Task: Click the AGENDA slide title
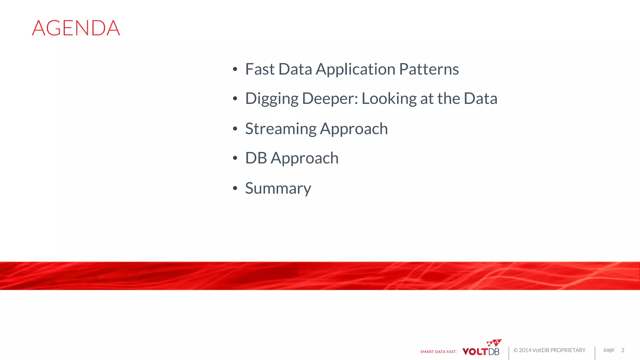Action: tap(76, 28)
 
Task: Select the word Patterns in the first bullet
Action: tap(429, 69)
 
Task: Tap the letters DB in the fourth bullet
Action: tap(256, 158)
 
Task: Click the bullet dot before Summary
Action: tap(235, 188)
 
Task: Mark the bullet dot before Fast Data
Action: tap(235, 69)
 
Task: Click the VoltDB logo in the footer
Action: tap(482, 348)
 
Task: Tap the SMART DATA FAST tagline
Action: tap(438, 352)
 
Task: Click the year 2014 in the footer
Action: tap(525, 350)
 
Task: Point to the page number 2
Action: tap(623, 350)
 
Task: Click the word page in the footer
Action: tap(609, 350)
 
